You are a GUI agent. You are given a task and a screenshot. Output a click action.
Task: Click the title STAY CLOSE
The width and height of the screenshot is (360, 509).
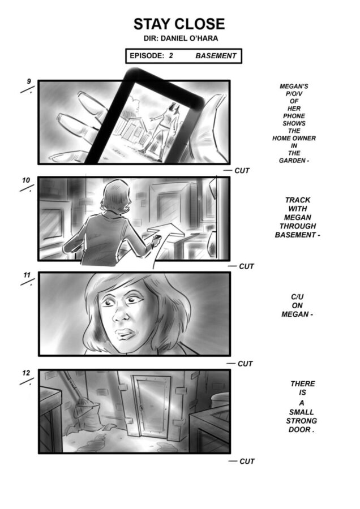point(179,24)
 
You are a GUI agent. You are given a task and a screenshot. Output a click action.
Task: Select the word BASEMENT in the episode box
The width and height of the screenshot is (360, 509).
point(216,56)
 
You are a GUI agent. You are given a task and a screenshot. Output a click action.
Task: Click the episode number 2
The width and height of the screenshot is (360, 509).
point(171,55)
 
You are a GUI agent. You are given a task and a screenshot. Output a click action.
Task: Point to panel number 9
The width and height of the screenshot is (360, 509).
point(29,81)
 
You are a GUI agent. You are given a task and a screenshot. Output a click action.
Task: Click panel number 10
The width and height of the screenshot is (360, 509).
point(26,180)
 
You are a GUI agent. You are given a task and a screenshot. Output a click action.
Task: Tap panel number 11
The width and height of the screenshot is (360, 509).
point(27,275)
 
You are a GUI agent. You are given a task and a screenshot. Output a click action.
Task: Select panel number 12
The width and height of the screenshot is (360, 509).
point(26,373)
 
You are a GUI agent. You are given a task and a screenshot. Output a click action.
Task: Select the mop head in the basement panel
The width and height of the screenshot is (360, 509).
point(85,409)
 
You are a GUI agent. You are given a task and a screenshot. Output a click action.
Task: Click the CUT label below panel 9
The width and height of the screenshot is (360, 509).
point(242,171)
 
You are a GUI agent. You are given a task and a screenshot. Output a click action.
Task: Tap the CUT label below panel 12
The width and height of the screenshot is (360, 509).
point(247,461)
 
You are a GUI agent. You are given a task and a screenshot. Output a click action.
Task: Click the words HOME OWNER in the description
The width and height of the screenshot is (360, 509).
point(294,139)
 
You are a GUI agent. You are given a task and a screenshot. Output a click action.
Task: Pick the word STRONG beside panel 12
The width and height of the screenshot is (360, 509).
point(301,421)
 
